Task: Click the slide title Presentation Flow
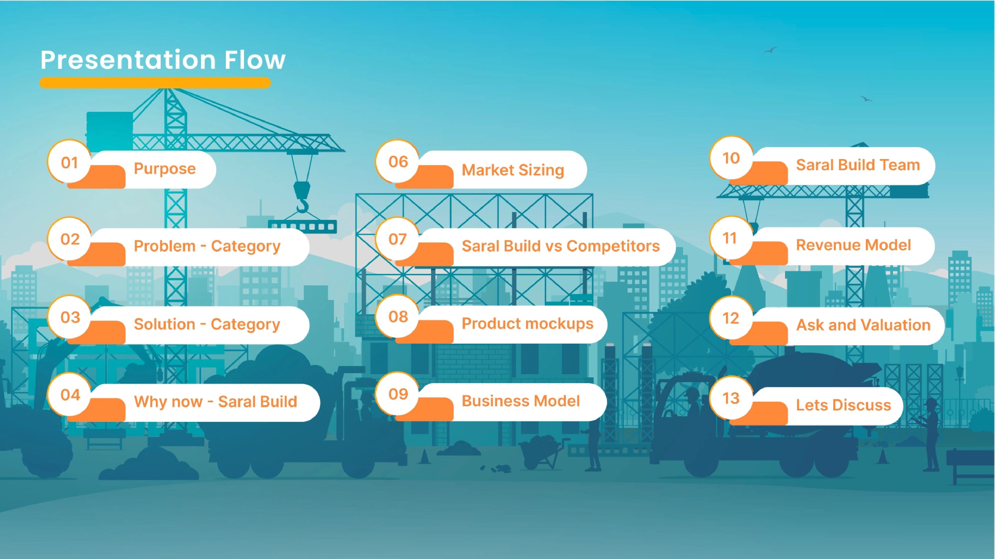click(163, 60)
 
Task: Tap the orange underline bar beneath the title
click(155, 82)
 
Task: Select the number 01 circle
click(69, 162)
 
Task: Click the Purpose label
click(164, 169)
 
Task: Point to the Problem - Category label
click(207, 246)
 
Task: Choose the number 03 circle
click(70, 317)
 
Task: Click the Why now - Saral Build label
click(215, 401)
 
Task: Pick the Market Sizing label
click(513, 170)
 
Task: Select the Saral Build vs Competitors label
click(560, 246)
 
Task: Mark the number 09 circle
click(398, 394)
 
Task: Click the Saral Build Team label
click(858, 165)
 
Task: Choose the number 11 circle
click(730, 238)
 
